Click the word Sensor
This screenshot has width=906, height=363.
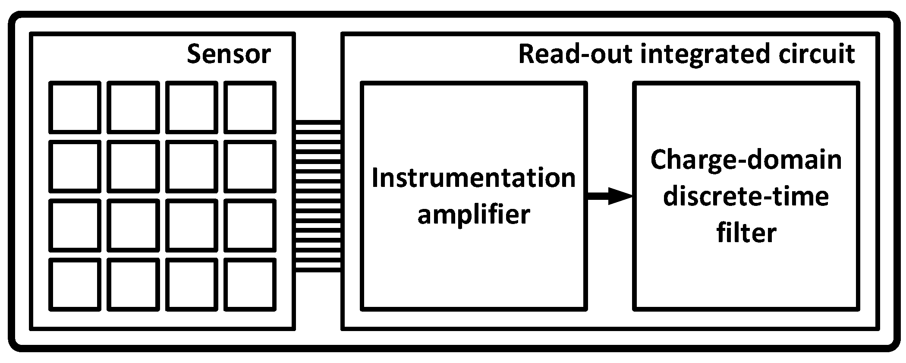point(229,55)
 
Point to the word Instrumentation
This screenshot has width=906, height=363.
point(473,178)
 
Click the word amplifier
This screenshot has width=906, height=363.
point(473,215)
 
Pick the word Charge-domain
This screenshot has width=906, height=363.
point(746,161)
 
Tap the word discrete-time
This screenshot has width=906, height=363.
point(746,197)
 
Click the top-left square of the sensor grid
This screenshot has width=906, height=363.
point(75,107)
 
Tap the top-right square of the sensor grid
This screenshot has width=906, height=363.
point(250,107)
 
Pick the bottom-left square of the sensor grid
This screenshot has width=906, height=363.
point(75,284)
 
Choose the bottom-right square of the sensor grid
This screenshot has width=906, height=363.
point(250,284)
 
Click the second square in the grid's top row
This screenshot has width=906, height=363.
point(133,107)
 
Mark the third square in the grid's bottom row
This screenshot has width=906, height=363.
point(192,284)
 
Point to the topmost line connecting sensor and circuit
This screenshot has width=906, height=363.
point(318,123)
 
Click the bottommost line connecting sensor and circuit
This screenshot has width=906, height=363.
point(318,271)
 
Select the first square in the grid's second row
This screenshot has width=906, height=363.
point(75,166)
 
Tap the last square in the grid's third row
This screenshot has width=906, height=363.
point(250,225)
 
